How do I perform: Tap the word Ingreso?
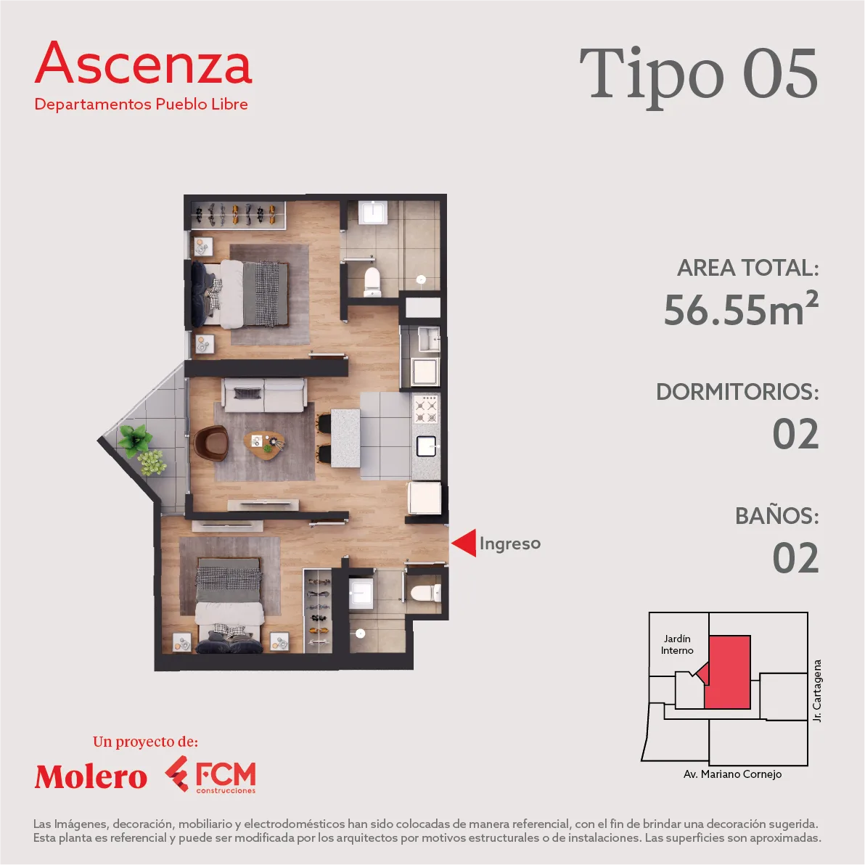(509, 544)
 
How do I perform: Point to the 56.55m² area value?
(742, 308)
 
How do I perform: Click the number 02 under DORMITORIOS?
(795, 434)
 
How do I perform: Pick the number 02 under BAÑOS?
(795, 558)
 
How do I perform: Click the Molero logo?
(91, 776)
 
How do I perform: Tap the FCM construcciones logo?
(210, 774)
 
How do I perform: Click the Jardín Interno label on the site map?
(678, 644)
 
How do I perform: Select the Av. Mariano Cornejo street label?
(732, 774)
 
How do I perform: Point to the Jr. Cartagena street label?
(817, 691)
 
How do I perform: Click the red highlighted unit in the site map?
(728, 672)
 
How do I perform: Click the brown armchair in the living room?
(210, 443)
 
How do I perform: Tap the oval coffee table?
(265, 445)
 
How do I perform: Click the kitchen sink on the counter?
(427, 446)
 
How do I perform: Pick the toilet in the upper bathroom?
(372, 282)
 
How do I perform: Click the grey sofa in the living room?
(264, 395)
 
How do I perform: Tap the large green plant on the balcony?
(134, 440)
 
